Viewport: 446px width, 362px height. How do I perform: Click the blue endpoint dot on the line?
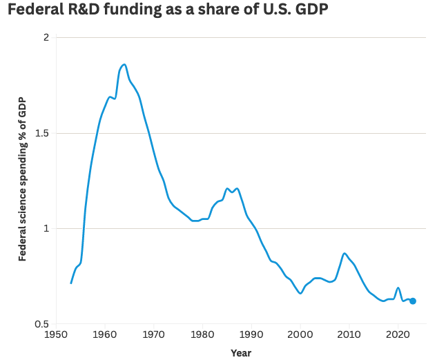click(413, 301)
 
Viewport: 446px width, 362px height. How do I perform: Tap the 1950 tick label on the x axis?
click(56, 336)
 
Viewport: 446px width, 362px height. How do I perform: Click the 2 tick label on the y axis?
click(46, 37)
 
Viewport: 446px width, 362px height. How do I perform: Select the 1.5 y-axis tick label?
click(42, 133)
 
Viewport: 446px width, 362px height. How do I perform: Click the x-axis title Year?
click(241, 353)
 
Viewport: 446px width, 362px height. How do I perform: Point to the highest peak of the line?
click(124, 64)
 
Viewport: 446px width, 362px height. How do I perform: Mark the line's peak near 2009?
click(345, 253)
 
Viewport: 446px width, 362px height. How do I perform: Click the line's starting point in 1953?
click(71, 283)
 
